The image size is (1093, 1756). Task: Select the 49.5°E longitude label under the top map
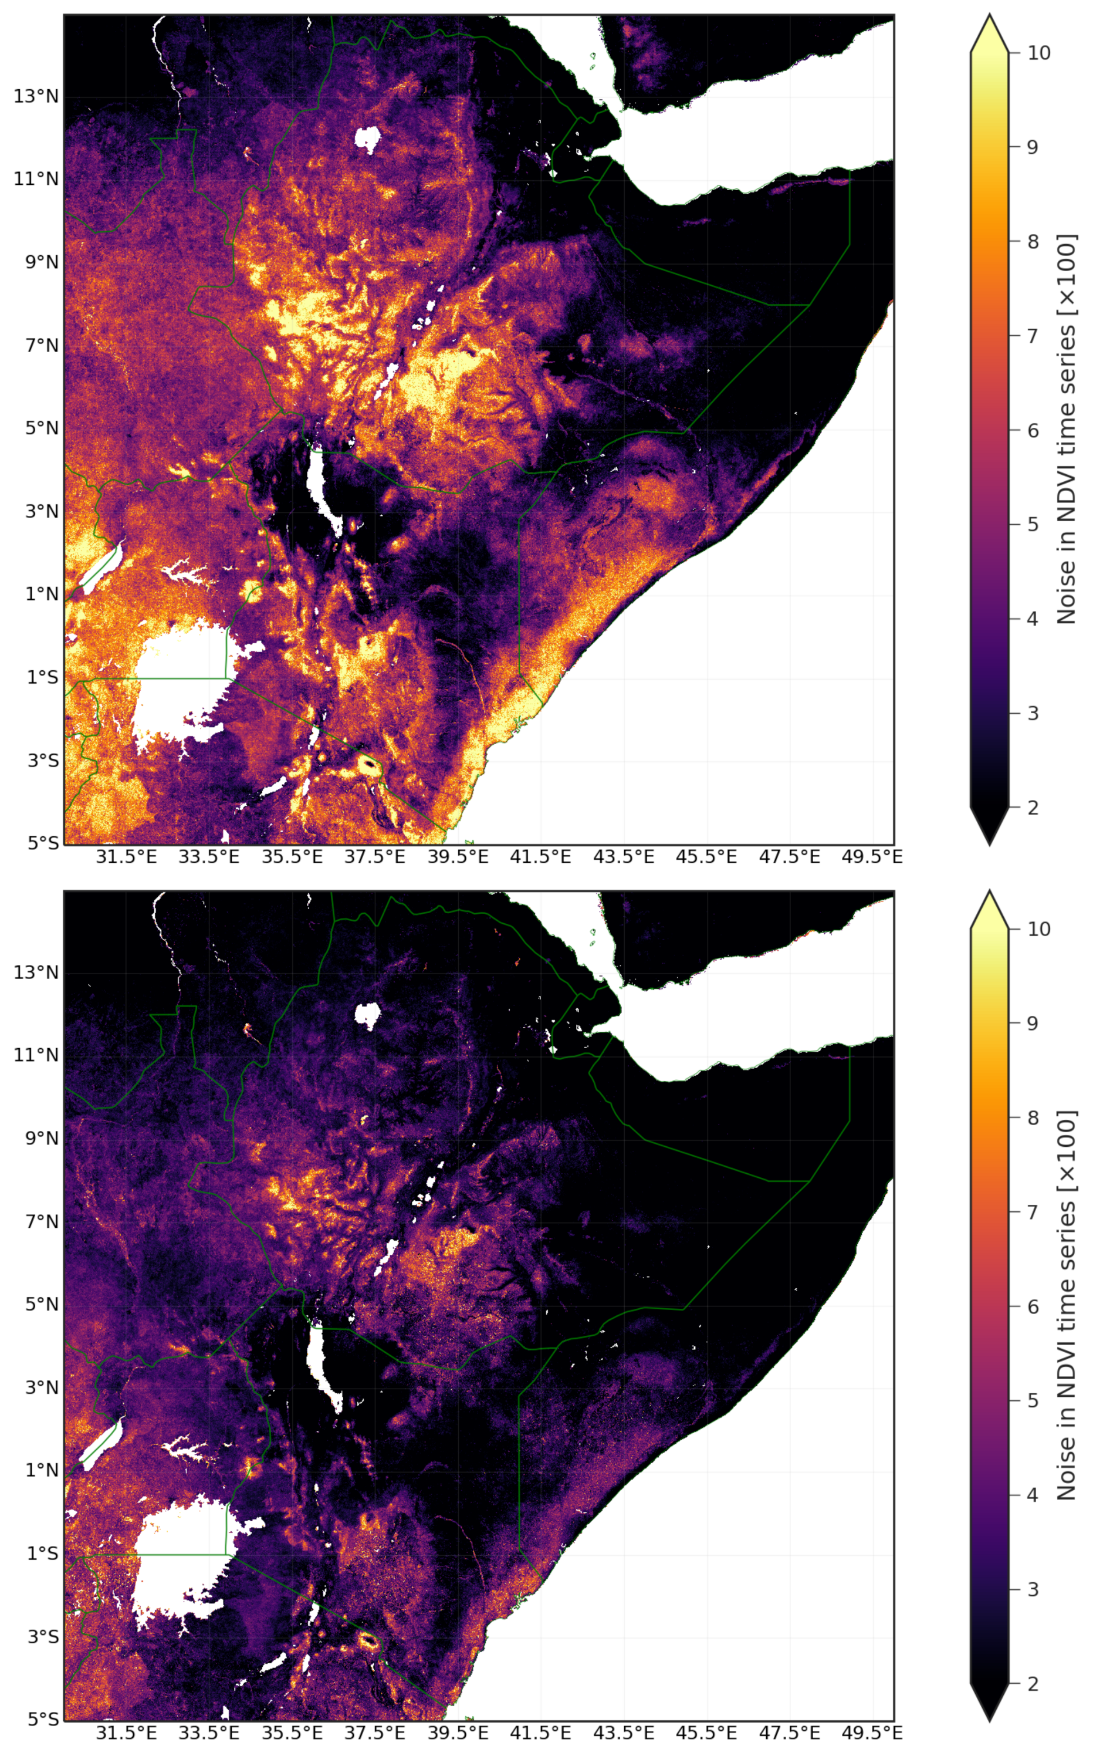[x=872, y=857]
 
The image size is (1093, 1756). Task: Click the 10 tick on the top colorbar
[x=1039, y=53]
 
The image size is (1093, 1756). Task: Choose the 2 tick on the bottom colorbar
[x=1033, y=1683]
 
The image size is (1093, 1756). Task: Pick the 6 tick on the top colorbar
[x=1033, y=430]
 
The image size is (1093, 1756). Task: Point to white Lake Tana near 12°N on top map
[x=368, y=139]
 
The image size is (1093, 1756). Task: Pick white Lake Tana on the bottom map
[x=368, y=1015]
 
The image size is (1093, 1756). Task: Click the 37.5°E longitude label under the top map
[x=374, y=857]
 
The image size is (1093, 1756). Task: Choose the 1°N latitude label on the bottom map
[x=42, y=1470]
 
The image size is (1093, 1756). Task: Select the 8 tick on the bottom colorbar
[x=1033, y=1117]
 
